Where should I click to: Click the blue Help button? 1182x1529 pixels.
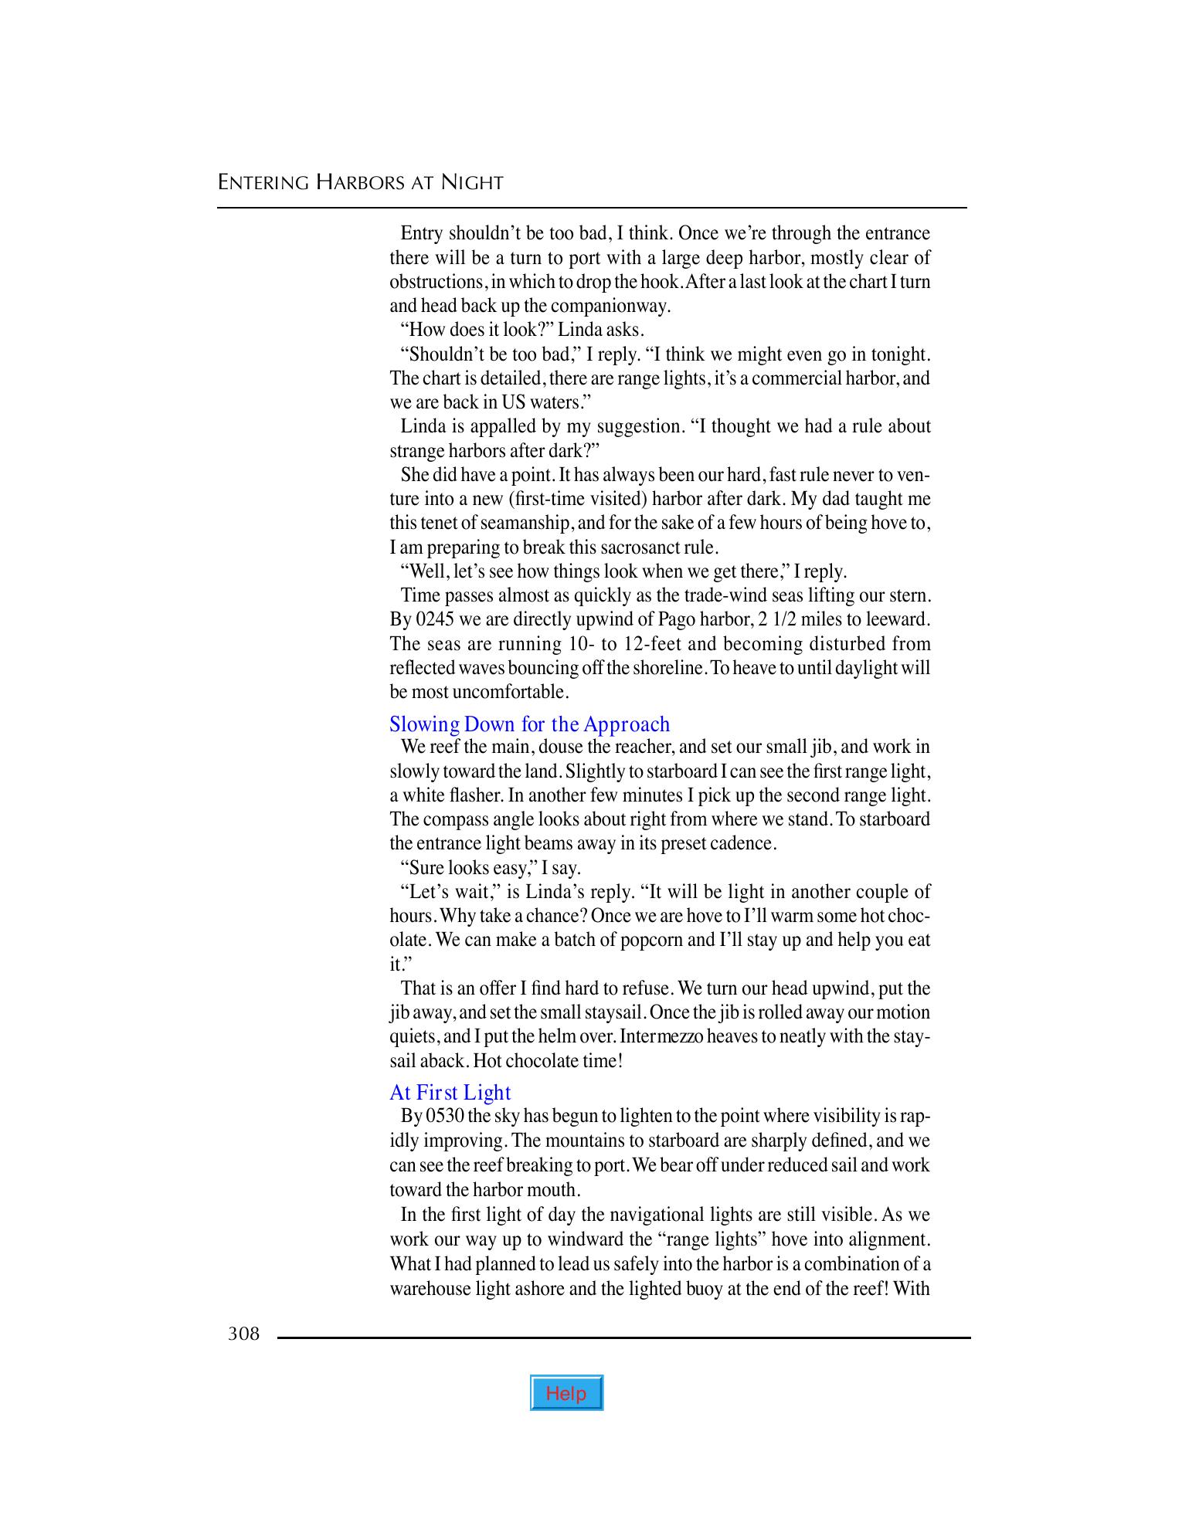566,1393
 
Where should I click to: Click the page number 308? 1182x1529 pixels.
243,1333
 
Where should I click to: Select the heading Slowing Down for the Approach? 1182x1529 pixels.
529,724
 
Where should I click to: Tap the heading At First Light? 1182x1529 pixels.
450,1093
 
